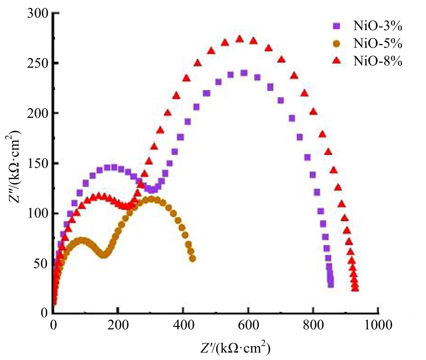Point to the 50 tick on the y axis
pyautogui.click(x=41, y=264)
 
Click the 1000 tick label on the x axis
pyautogui.click(x=378, y=324)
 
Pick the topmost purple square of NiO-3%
pyautogui.click(x=244, y=73)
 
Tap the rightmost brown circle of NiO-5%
pyautogui.click(x=192, y=258)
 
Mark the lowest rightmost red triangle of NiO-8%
pyautogui.click(x=355, y=289)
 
